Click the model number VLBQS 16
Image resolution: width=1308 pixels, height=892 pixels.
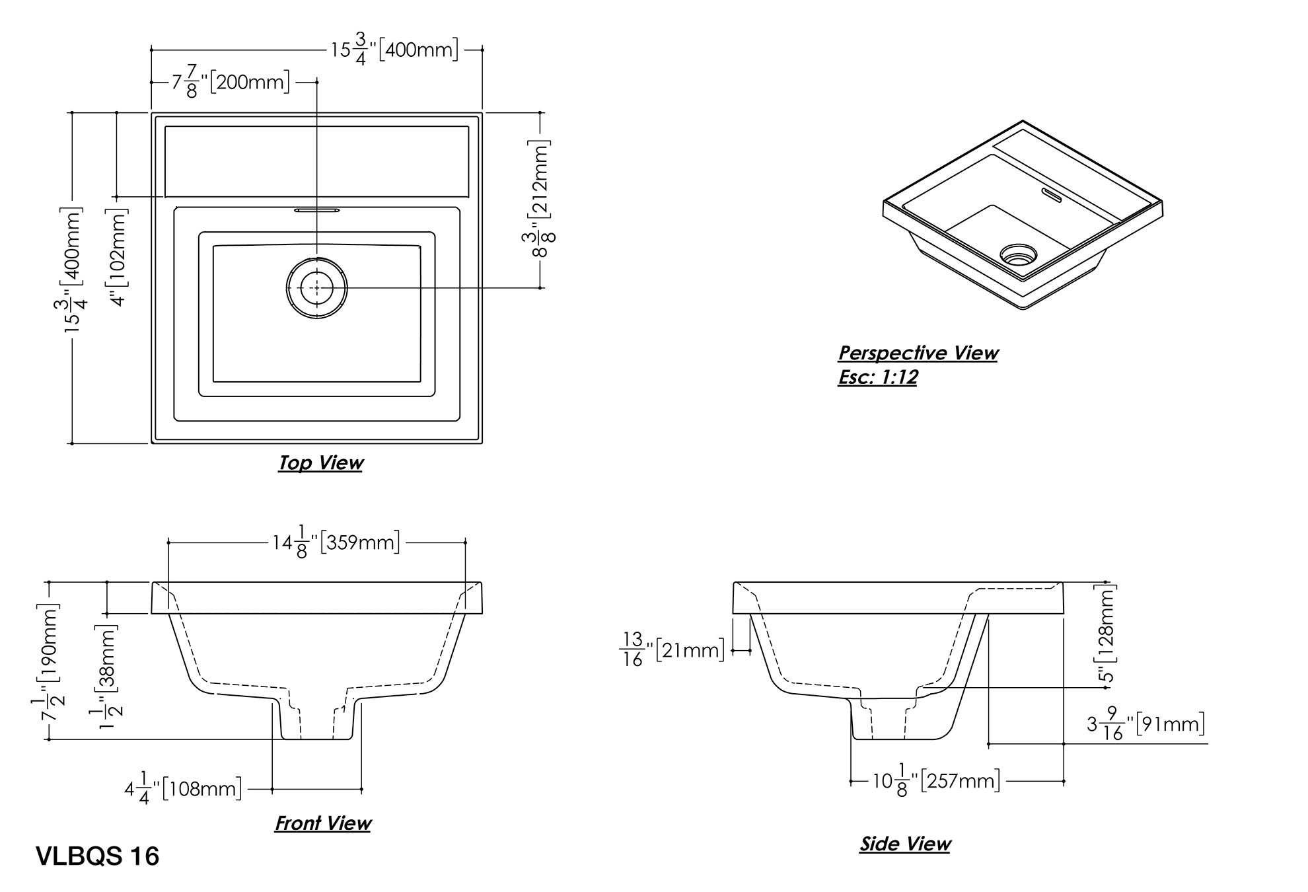click(x=98, y=856)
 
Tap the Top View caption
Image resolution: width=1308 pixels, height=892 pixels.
click(x=320, y=463)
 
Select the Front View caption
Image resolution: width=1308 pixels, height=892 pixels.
click(x=322, y=823)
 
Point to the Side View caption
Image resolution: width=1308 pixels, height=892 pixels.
click(x=904, y=844)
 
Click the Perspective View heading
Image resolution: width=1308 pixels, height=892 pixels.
click(x=918, y=353)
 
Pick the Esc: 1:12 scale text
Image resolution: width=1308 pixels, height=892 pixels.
click(x=877, y=377)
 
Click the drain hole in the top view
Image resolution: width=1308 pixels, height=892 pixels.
click(x=316, y=288)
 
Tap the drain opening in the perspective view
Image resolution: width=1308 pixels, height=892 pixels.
click(x=1018, y=255)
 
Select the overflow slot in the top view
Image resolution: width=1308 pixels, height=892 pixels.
click(x=317, y=210)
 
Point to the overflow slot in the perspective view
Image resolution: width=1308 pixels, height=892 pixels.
click(x=1050, y=194)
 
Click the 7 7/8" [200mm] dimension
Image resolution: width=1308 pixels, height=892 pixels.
click(x=231, y=83)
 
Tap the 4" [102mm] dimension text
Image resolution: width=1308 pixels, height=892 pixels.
click(x=120, y=258)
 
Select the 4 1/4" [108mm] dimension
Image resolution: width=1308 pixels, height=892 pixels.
click(x=183, y=789)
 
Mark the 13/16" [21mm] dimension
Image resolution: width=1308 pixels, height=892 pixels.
click(x=672, y=650)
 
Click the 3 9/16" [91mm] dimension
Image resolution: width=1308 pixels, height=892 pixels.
click(x=1146, y=725)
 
